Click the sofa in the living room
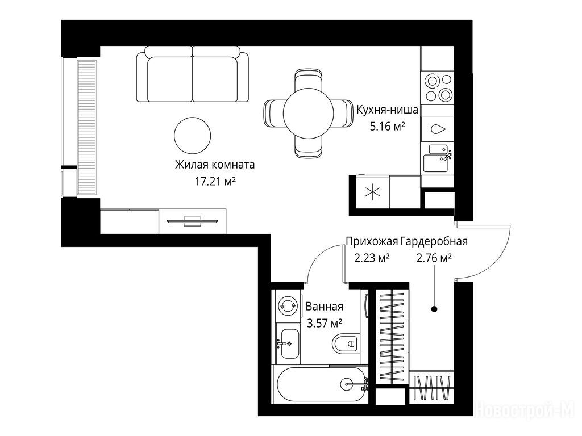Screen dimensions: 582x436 pos(193,74)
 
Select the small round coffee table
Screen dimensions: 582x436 pos(192,136)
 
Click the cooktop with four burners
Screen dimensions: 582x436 pos(437,87)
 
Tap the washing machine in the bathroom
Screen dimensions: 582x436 pos(288,305)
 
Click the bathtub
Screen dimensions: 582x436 pos(321,384)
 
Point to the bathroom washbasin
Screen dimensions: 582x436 pos(288,343)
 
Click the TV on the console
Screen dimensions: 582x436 pos(192,221)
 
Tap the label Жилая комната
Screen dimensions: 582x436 pos(215,165)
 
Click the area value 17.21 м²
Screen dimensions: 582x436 pos(215,181)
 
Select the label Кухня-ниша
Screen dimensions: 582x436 pos(387,110)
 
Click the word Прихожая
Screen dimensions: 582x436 pos(372,241)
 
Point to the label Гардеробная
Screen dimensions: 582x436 pos(434,241)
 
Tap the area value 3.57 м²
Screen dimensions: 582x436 pos(324,323)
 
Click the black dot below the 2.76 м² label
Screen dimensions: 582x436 pos(434,308)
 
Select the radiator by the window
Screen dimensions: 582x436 pos(87,128)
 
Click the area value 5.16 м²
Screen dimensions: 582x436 pos(387,127)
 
